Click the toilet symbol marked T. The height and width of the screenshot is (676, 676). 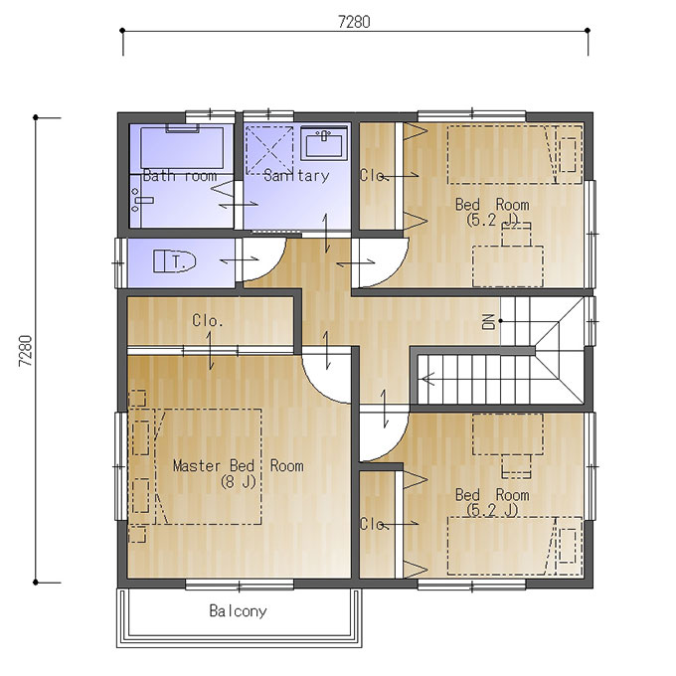[175, 261]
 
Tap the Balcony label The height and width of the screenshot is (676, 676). [238, 611]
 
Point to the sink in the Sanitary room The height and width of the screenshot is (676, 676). [324, 143]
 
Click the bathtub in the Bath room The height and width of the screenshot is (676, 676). [182, 146]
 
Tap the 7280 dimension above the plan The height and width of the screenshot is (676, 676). [354, 22]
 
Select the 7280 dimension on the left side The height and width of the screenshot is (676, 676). [26, 351]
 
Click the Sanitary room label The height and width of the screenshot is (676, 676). [296, 176]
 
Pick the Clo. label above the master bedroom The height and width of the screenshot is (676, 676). [208, 321]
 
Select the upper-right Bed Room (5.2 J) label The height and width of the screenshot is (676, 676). [492, 212]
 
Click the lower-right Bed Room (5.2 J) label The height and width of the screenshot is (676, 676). [492, 502]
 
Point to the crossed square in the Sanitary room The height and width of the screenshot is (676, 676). [269, 150]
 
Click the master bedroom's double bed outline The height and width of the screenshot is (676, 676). [208, 466]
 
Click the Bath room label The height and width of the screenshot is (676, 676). [180, 176]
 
